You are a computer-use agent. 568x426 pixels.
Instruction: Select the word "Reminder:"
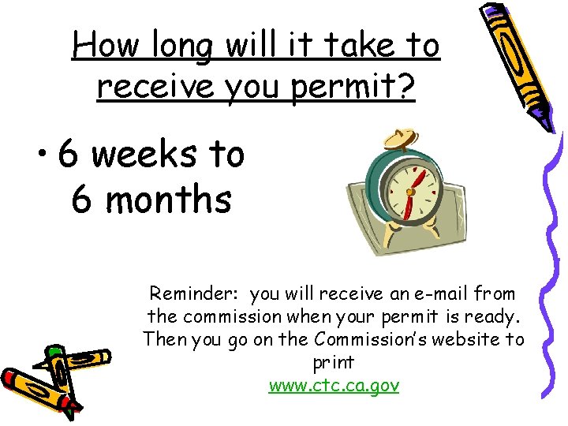196,294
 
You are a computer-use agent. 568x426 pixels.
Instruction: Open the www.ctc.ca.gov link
334,386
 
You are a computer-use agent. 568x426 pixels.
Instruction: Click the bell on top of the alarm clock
400,140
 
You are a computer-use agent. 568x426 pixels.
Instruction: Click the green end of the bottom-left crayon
54,353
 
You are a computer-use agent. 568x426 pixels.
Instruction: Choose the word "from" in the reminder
495,294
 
